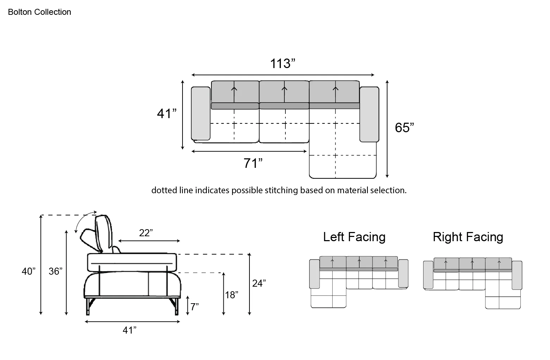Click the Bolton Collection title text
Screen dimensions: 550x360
[x=39, y=12]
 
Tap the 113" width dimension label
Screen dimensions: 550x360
[x=283, y=63]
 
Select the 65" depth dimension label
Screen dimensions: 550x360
[x=404, y=128]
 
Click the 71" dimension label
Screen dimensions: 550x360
[x=253, y=163]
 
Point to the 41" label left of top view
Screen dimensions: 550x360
[x=167, y=114]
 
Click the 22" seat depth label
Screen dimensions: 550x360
[x=146, y=233]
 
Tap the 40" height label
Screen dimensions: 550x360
[x=29, y=271]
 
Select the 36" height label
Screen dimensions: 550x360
[x=55, y=271]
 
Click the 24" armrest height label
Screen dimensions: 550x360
[x=259, y=283]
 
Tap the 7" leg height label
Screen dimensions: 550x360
[x=194, y=307]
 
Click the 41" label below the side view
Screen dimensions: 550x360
[x=129, y=330]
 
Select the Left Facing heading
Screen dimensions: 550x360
[x=354, y=237]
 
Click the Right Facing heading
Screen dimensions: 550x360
[x=468, y=237]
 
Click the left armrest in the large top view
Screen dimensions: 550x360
[x=200, y=113]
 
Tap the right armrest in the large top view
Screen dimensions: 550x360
[x=369, y=114]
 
